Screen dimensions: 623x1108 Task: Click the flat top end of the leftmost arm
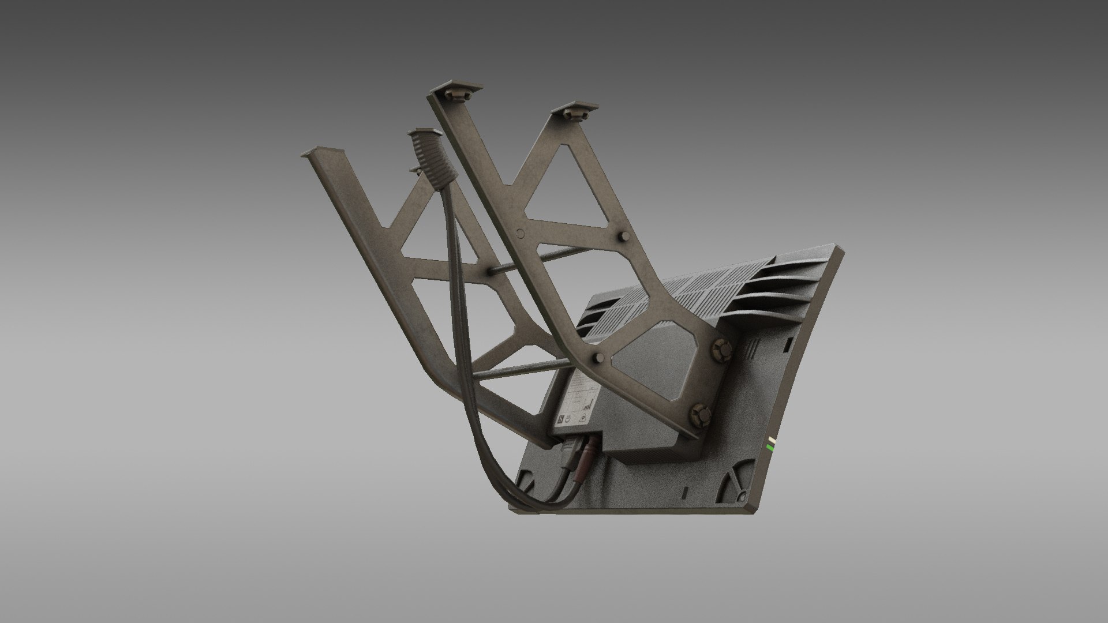(322, 154)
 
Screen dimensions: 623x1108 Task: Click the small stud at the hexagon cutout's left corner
(600, 358)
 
